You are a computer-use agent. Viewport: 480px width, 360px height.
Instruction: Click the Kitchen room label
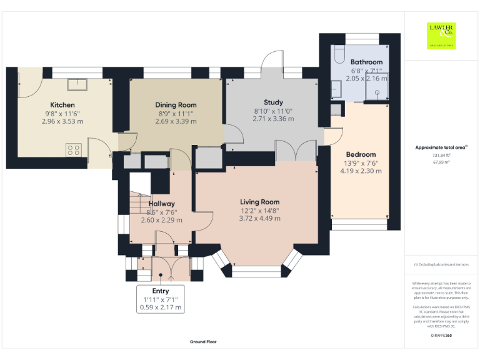tap(62, 104)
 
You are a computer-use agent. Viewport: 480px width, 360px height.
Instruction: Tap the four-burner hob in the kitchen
tap(73, 149)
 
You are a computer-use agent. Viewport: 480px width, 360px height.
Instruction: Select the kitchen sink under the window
tap(81, 84)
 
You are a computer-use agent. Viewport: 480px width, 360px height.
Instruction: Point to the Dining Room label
tap(176, 105)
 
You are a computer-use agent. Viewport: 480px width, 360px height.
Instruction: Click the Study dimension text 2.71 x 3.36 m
tap(273, 119)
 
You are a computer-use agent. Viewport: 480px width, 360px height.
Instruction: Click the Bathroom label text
tap(366, 62)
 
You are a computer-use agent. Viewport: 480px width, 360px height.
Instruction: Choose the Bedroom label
tap(361, 154)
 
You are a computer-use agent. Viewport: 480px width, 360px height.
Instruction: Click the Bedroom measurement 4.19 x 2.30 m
tap(361, 171)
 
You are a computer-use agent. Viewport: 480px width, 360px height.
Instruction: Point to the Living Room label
tap(259, 202)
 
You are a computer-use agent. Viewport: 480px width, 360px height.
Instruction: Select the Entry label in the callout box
tap(161, 291)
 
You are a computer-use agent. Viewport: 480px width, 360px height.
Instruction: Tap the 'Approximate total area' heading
tap(441, 147)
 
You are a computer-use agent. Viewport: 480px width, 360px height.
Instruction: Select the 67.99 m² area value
tap(441, 161)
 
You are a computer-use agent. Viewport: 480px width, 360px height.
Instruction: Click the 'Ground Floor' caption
tap(203, 342)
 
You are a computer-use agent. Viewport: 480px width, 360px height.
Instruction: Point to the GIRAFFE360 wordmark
tap(441, 336)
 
